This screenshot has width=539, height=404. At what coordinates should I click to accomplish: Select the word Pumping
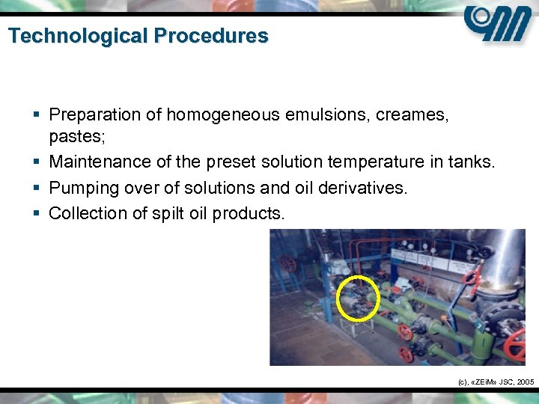pos(82,188)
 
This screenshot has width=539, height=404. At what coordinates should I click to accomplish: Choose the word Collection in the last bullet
pos(86,213)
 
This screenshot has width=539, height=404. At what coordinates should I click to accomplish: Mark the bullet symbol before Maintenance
pos(37,162)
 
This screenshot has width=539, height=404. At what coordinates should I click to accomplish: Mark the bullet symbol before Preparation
pos(37,114)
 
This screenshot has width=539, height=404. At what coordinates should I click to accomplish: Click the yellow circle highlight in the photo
pos(359,298)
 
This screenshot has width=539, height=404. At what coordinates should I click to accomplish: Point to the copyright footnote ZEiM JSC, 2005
pos(495,382)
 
